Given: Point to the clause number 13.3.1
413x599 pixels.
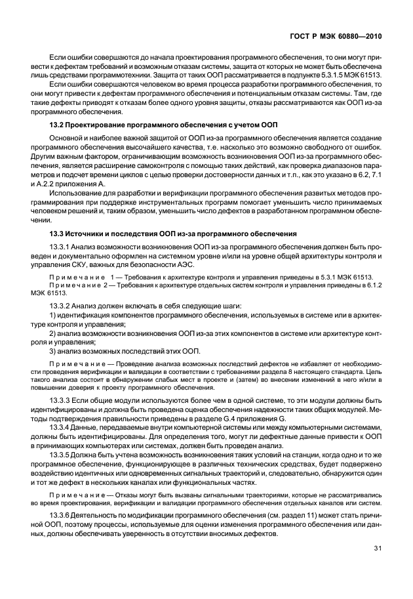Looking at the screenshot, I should (x=62, y=247).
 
